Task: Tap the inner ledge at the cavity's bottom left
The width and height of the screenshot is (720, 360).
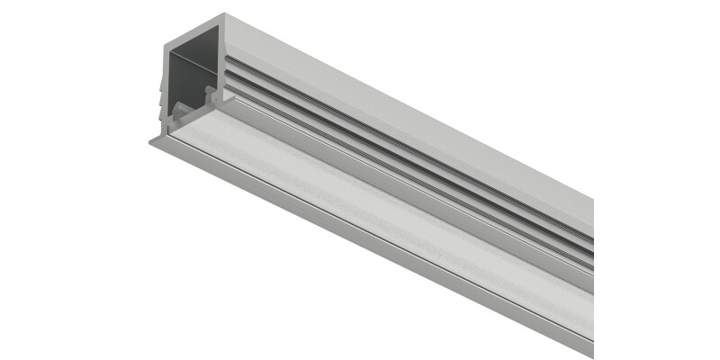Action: point(180,112)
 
